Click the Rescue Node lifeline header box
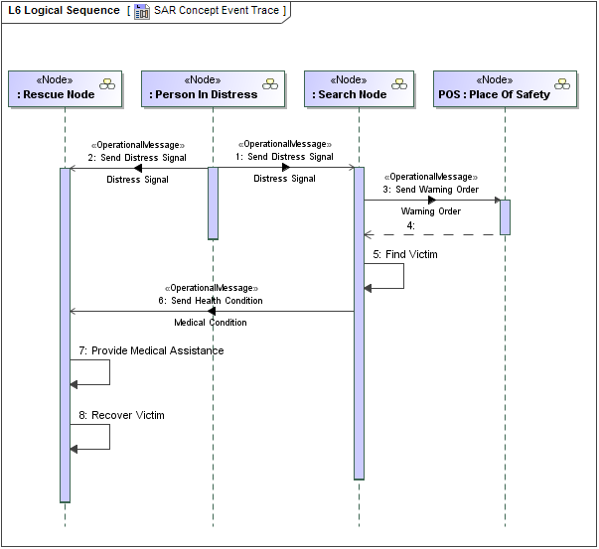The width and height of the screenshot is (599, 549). (65, 88)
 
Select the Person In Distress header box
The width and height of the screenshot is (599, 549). (213, 88)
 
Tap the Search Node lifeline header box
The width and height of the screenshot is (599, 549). (359, 88)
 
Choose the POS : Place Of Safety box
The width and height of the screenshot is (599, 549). (506, 88)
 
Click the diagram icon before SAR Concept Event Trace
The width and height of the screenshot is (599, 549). (142, 11)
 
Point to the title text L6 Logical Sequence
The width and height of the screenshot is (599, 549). (63, 11)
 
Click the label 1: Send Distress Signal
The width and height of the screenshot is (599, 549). (284, 156)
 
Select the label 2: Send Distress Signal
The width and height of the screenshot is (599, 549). (137, 157)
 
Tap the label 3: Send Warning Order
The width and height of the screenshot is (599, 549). (430, 189)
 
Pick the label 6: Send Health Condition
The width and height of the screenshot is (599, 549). (211, 300)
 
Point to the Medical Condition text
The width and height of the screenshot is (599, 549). (211, 323)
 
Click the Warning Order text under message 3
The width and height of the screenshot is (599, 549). (430, 211)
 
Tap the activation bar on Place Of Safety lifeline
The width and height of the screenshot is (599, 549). (505, 217)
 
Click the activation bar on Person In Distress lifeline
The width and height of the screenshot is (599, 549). (213, 203)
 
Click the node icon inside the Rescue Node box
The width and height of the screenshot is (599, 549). (106, 83)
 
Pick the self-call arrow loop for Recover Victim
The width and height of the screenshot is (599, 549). (107, 437)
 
